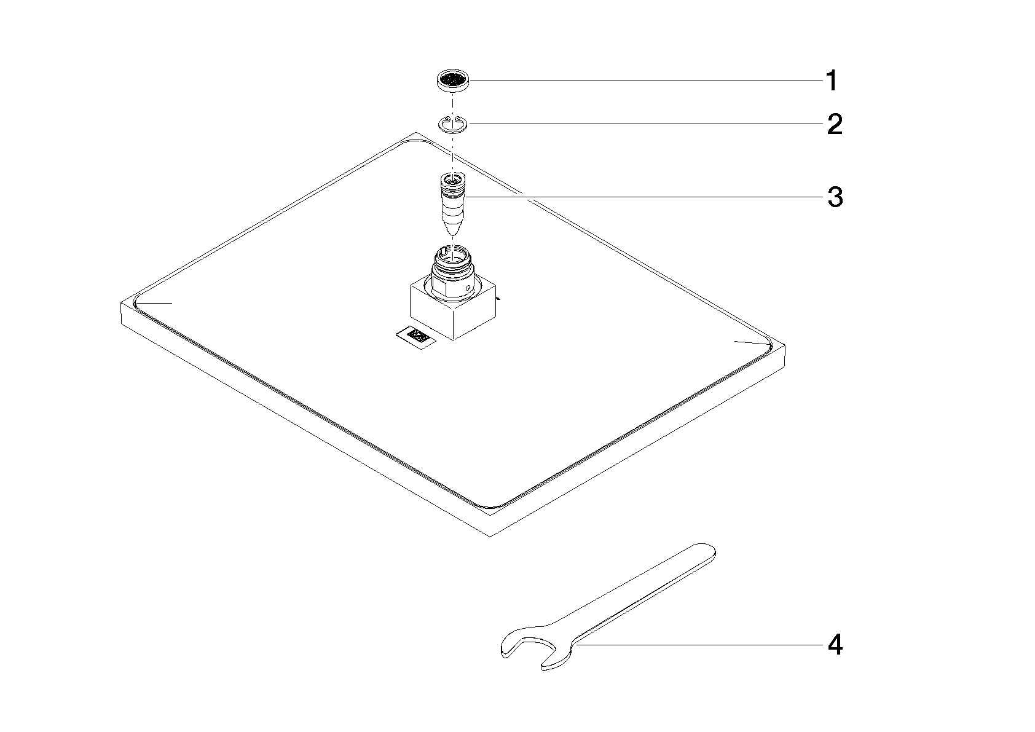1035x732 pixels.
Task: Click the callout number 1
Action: tap(832, 81)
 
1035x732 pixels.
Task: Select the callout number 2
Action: tap(835, 124)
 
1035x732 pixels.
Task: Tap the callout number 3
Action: tap(835, 197)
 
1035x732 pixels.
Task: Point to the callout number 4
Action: tap(835, 645)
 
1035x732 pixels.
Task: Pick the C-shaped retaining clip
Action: tap(453, 124)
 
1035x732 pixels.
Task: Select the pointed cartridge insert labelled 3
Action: tap(454, 204)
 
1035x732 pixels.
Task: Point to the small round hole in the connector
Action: tap(470, 289)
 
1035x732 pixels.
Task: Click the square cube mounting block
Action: tap(453, 310)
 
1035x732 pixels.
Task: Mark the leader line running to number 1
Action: tap(646, 81)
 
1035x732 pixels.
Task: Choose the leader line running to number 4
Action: tap(698, 645)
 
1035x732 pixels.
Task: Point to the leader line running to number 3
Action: tap(644, 197)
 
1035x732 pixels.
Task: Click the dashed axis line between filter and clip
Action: tap(453, 103)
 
